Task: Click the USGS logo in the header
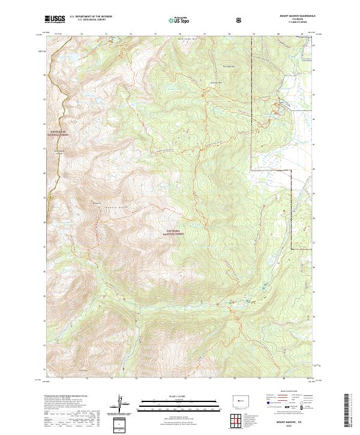coord(55,20)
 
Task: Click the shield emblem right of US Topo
coord(240,20)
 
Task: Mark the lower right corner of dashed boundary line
coord(292,248)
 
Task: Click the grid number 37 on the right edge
coord(314,244)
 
